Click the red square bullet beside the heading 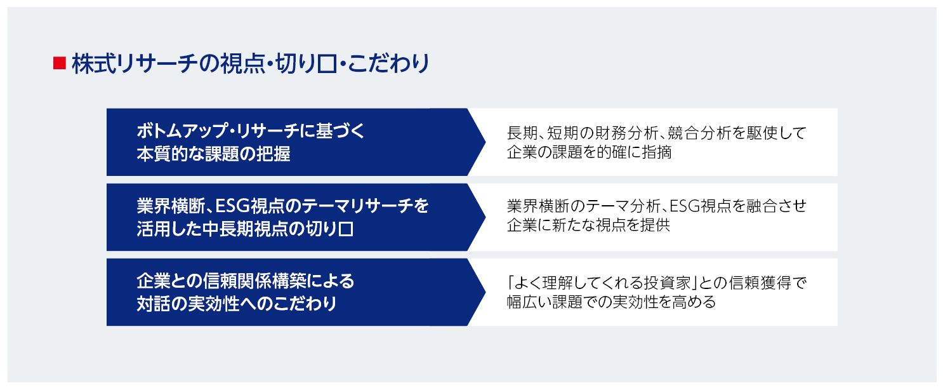click(x=60, y=64)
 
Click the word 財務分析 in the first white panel click(x=616, y=133)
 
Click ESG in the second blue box click(x=232, y=206)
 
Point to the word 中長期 click(x=234, y=229)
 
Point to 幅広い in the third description click(x=529, y=301)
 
